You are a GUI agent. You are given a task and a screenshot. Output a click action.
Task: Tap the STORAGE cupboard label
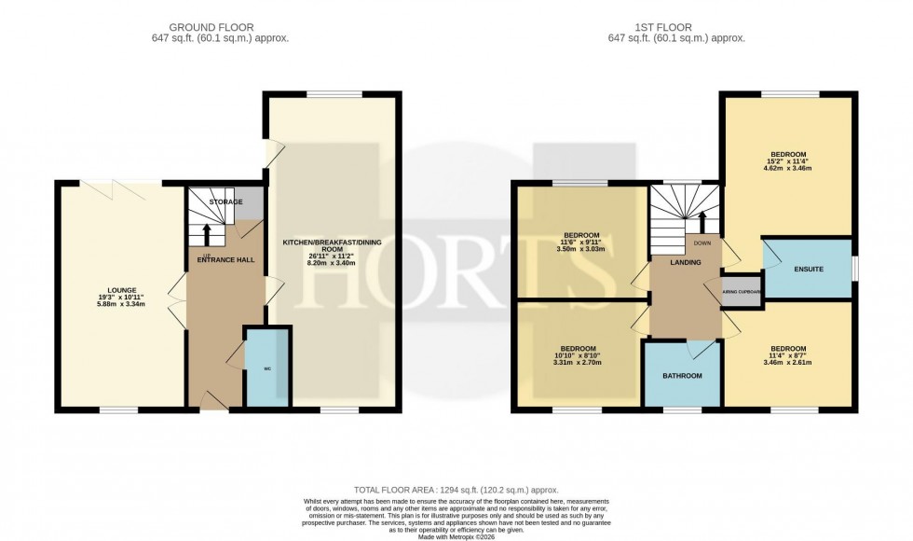tap(225, 202)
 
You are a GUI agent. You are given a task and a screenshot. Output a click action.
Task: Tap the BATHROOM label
tap(682, 376)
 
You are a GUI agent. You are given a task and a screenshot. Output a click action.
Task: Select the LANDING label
tap(686, 263)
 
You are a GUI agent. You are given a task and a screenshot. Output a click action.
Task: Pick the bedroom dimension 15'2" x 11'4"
tap(788, 162)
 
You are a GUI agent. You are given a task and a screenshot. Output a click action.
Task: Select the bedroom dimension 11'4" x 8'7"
tap(788, 355)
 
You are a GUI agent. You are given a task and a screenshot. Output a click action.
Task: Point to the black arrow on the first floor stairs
tap(702, 222)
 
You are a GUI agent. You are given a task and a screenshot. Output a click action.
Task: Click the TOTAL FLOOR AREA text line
tap(456, 490)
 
